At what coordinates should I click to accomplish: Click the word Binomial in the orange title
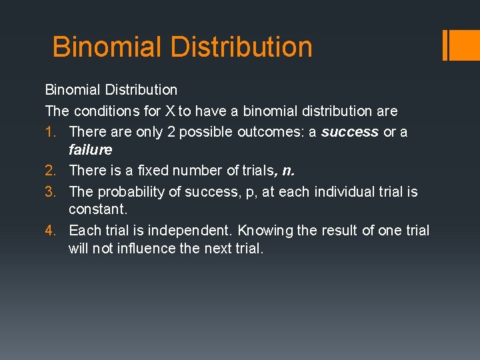click(107, 47)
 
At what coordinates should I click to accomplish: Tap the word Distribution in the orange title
click(241, 47)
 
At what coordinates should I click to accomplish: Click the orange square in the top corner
click(464, 45)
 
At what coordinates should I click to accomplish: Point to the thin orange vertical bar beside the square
click(445, 45)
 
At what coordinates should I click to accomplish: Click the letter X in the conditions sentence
click(169, 111)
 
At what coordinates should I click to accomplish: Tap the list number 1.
click(51, 132)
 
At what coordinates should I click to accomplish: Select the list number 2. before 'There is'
click(51, 171)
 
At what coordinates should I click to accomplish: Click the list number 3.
click(51, 192)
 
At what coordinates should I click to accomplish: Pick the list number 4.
click(51, 231)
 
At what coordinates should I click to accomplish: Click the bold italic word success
click(350, 132)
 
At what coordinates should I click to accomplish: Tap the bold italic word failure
click(90, 149)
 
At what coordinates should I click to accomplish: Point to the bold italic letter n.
click(287, 171)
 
